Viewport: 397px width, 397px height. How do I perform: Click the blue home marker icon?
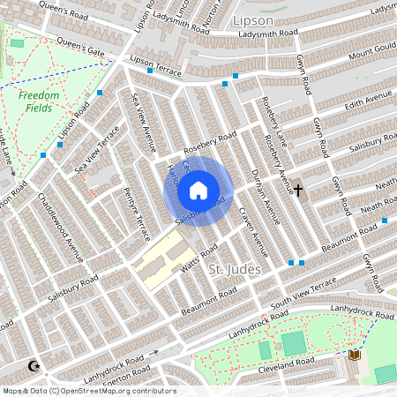pyautogui.click(x=198, y=191)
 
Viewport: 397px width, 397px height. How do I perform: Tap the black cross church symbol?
pyautogui.click(x=298, y=190)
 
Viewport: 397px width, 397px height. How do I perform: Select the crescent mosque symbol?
pyautogui.click(x=35, y=365)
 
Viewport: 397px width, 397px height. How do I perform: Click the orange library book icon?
pyautogui.click(x=356, y=355)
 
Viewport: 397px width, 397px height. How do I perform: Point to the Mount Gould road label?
pyautogui.click(x=371, y=55)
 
